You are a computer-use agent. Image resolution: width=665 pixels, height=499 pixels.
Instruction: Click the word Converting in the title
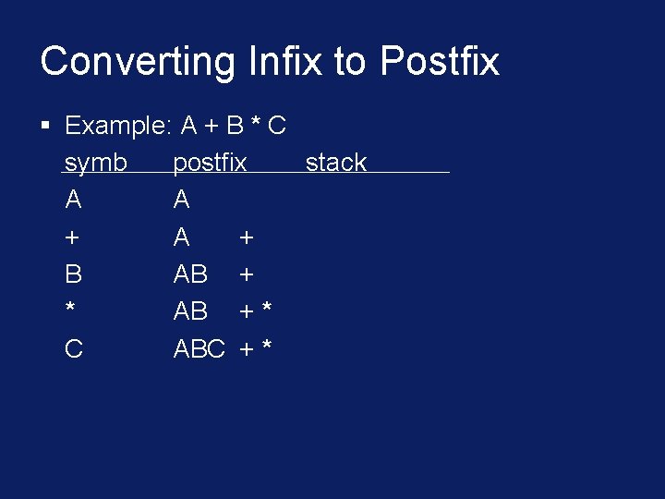click(x=139, y=62)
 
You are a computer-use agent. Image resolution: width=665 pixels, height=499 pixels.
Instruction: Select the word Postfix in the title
click(x=440, y=62)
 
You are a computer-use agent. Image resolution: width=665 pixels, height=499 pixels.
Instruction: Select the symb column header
click(x=96, y=163)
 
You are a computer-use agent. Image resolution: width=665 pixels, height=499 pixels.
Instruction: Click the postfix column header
click(x=210, y=163)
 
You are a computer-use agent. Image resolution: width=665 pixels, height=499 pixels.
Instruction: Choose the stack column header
click(x=336, y=163)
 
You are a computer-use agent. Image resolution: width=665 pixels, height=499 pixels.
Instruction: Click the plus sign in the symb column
click(x=72, y=237)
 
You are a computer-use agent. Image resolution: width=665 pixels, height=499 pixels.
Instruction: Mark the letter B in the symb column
click(x=74, y=274)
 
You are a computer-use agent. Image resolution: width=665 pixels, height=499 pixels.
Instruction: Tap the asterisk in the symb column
click(x=71, y=309)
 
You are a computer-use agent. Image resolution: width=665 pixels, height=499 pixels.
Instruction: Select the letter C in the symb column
click(x=74, y=348)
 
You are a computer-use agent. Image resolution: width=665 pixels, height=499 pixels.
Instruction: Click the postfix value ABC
click(x=199, y=348)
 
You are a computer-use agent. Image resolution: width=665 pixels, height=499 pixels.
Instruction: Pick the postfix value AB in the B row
click(x=190, y=274)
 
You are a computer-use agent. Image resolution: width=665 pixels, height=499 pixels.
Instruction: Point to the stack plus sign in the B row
click(x=247, y=274)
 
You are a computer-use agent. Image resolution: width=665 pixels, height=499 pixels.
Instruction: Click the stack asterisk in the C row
click(x=267, y=346)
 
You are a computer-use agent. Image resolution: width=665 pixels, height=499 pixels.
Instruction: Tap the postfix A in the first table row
click(x=182, y=200)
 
